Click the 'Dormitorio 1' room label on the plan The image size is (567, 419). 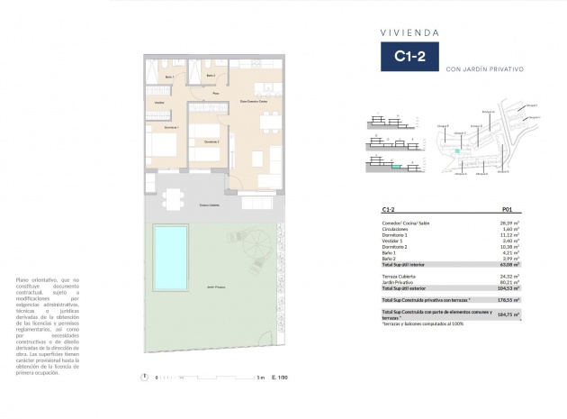(x=171, y=128)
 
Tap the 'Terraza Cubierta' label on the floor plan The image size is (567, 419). (x=209, y=205)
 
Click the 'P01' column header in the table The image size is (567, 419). (x=506, y=209)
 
